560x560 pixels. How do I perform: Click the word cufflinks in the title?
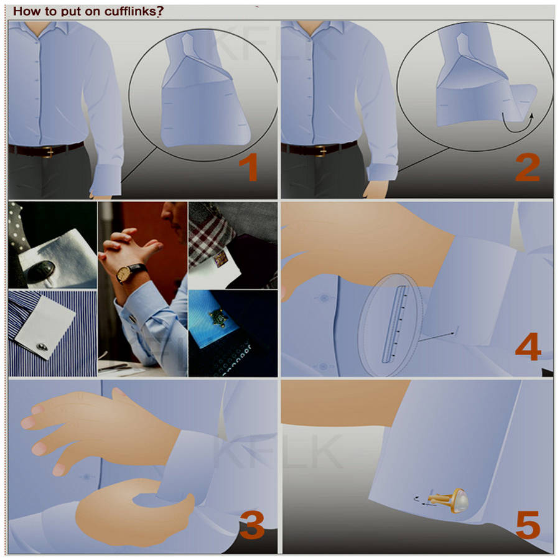click(x=131, y=11)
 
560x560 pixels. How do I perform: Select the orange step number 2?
click(x=527, y=168)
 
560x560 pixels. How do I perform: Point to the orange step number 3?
click(x=252, y=525)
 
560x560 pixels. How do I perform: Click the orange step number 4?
click(x=528, y=347)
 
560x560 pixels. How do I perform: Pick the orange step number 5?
click(x=528, y=525)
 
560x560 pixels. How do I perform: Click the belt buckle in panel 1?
click(x=49, y=151)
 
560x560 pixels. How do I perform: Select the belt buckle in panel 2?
click(x=321, y=151)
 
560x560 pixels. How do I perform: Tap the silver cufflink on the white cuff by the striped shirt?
click(x=42, y=347)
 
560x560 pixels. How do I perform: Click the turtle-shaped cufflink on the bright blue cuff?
click(x=218, y=318)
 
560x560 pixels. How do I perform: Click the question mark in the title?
click(x=160, y=11)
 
